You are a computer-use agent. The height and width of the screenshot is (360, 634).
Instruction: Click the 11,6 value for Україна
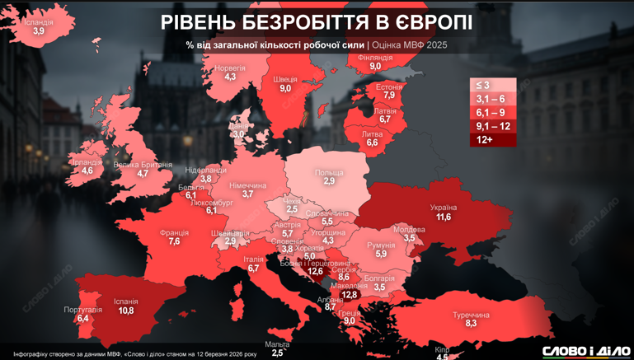pos(444,217)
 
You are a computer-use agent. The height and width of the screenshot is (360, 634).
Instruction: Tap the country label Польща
pos(329,172)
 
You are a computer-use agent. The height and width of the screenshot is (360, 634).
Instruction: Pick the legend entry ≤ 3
pos(493,85)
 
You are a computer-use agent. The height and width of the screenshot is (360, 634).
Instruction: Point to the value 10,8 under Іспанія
pos(126,311)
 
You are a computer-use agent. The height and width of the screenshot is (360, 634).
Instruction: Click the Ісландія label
pos(38,22)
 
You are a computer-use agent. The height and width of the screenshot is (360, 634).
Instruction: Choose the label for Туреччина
pos(471,315)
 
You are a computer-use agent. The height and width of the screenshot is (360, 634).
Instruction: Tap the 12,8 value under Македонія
pos(350,295)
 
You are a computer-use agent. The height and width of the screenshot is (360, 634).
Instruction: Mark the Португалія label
pos(82,310)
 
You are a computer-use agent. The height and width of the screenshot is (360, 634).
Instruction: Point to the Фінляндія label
pos(375,58)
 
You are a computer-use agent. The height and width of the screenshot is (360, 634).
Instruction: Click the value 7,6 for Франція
pos(174,242)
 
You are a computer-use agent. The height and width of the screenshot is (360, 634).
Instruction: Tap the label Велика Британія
pos(143,165)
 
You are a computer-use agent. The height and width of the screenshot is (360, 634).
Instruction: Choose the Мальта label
pos(278,344)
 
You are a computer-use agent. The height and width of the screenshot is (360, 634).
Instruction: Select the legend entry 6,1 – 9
pos(493,112)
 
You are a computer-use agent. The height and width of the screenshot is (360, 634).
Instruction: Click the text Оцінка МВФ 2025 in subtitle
pos(410,44)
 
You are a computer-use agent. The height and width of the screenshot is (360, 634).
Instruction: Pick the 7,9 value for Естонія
pos(388,96)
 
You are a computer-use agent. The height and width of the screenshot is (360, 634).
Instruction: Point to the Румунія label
pos(381,245)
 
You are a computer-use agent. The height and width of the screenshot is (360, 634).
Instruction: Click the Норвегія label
pos(230,68)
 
